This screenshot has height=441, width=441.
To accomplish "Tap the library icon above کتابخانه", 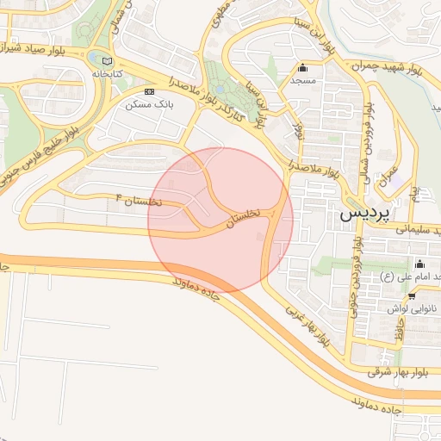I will pyautogui.click(x=106, y=61).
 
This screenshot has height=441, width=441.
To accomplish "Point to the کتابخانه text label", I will pyautogui.click(x=109, y=75).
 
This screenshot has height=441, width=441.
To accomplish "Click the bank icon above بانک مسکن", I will pyautogui.click(x=150, y=90).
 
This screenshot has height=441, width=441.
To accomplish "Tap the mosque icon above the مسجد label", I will pyautogui.click(x=301, y=69).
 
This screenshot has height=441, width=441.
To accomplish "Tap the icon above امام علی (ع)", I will pyautogui.click(x=419, y=264).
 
